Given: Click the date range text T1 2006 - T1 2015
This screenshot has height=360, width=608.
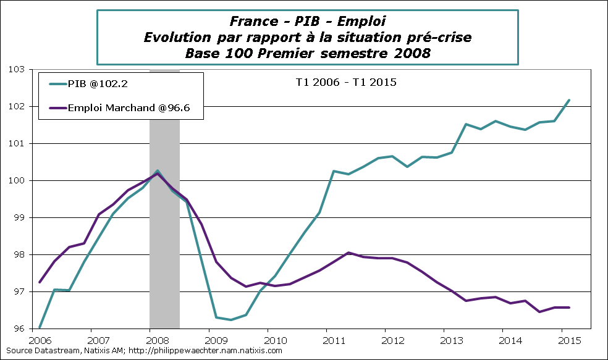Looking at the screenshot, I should coord(344,82).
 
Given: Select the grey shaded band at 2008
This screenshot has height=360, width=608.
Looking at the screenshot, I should coord(164,247).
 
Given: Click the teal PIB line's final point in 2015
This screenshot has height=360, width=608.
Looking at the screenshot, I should coord(569,99).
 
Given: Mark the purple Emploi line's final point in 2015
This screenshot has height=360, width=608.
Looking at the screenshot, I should coord(569,307).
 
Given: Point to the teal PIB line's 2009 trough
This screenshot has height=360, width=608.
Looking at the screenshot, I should coord(230,320).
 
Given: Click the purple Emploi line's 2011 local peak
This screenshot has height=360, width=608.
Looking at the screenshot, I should coord(348,253).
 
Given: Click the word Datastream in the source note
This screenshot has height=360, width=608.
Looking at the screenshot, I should coord(53,351).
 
